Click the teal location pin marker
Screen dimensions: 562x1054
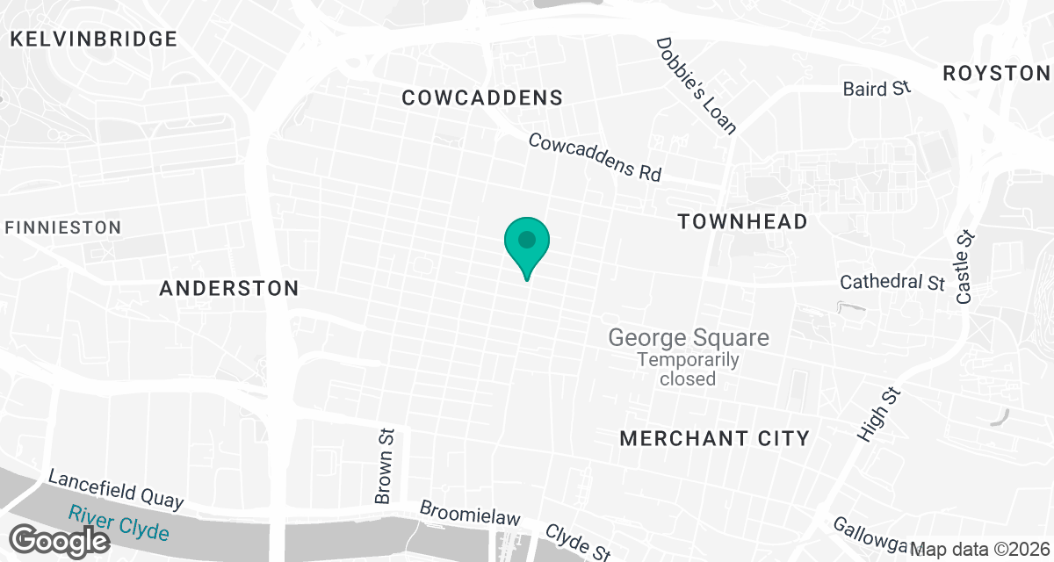coord(526,243)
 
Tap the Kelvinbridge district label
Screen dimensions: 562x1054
coord(93,39)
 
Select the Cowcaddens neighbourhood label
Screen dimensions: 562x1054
coord(481,97)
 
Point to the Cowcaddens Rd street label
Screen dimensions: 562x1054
coord(595,157)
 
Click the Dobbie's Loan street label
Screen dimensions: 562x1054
coord(697,86)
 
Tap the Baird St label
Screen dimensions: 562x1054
coord(877,89)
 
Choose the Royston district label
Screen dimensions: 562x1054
coord(997,73)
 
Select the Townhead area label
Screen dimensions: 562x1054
coord(742,221)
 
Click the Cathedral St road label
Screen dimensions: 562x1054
coord(892,283)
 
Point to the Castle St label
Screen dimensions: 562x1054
coord(966,267)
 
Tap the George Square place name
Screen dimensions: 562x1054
coord(689,337)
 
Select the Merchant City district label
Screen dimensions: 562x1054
coord(714,438)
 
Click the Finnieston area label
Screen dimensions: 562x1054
coord(63,227)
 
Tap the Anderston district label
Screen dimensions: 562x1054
coord(229,288)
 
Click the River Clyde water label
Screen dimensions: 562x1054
coord(119,524)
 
